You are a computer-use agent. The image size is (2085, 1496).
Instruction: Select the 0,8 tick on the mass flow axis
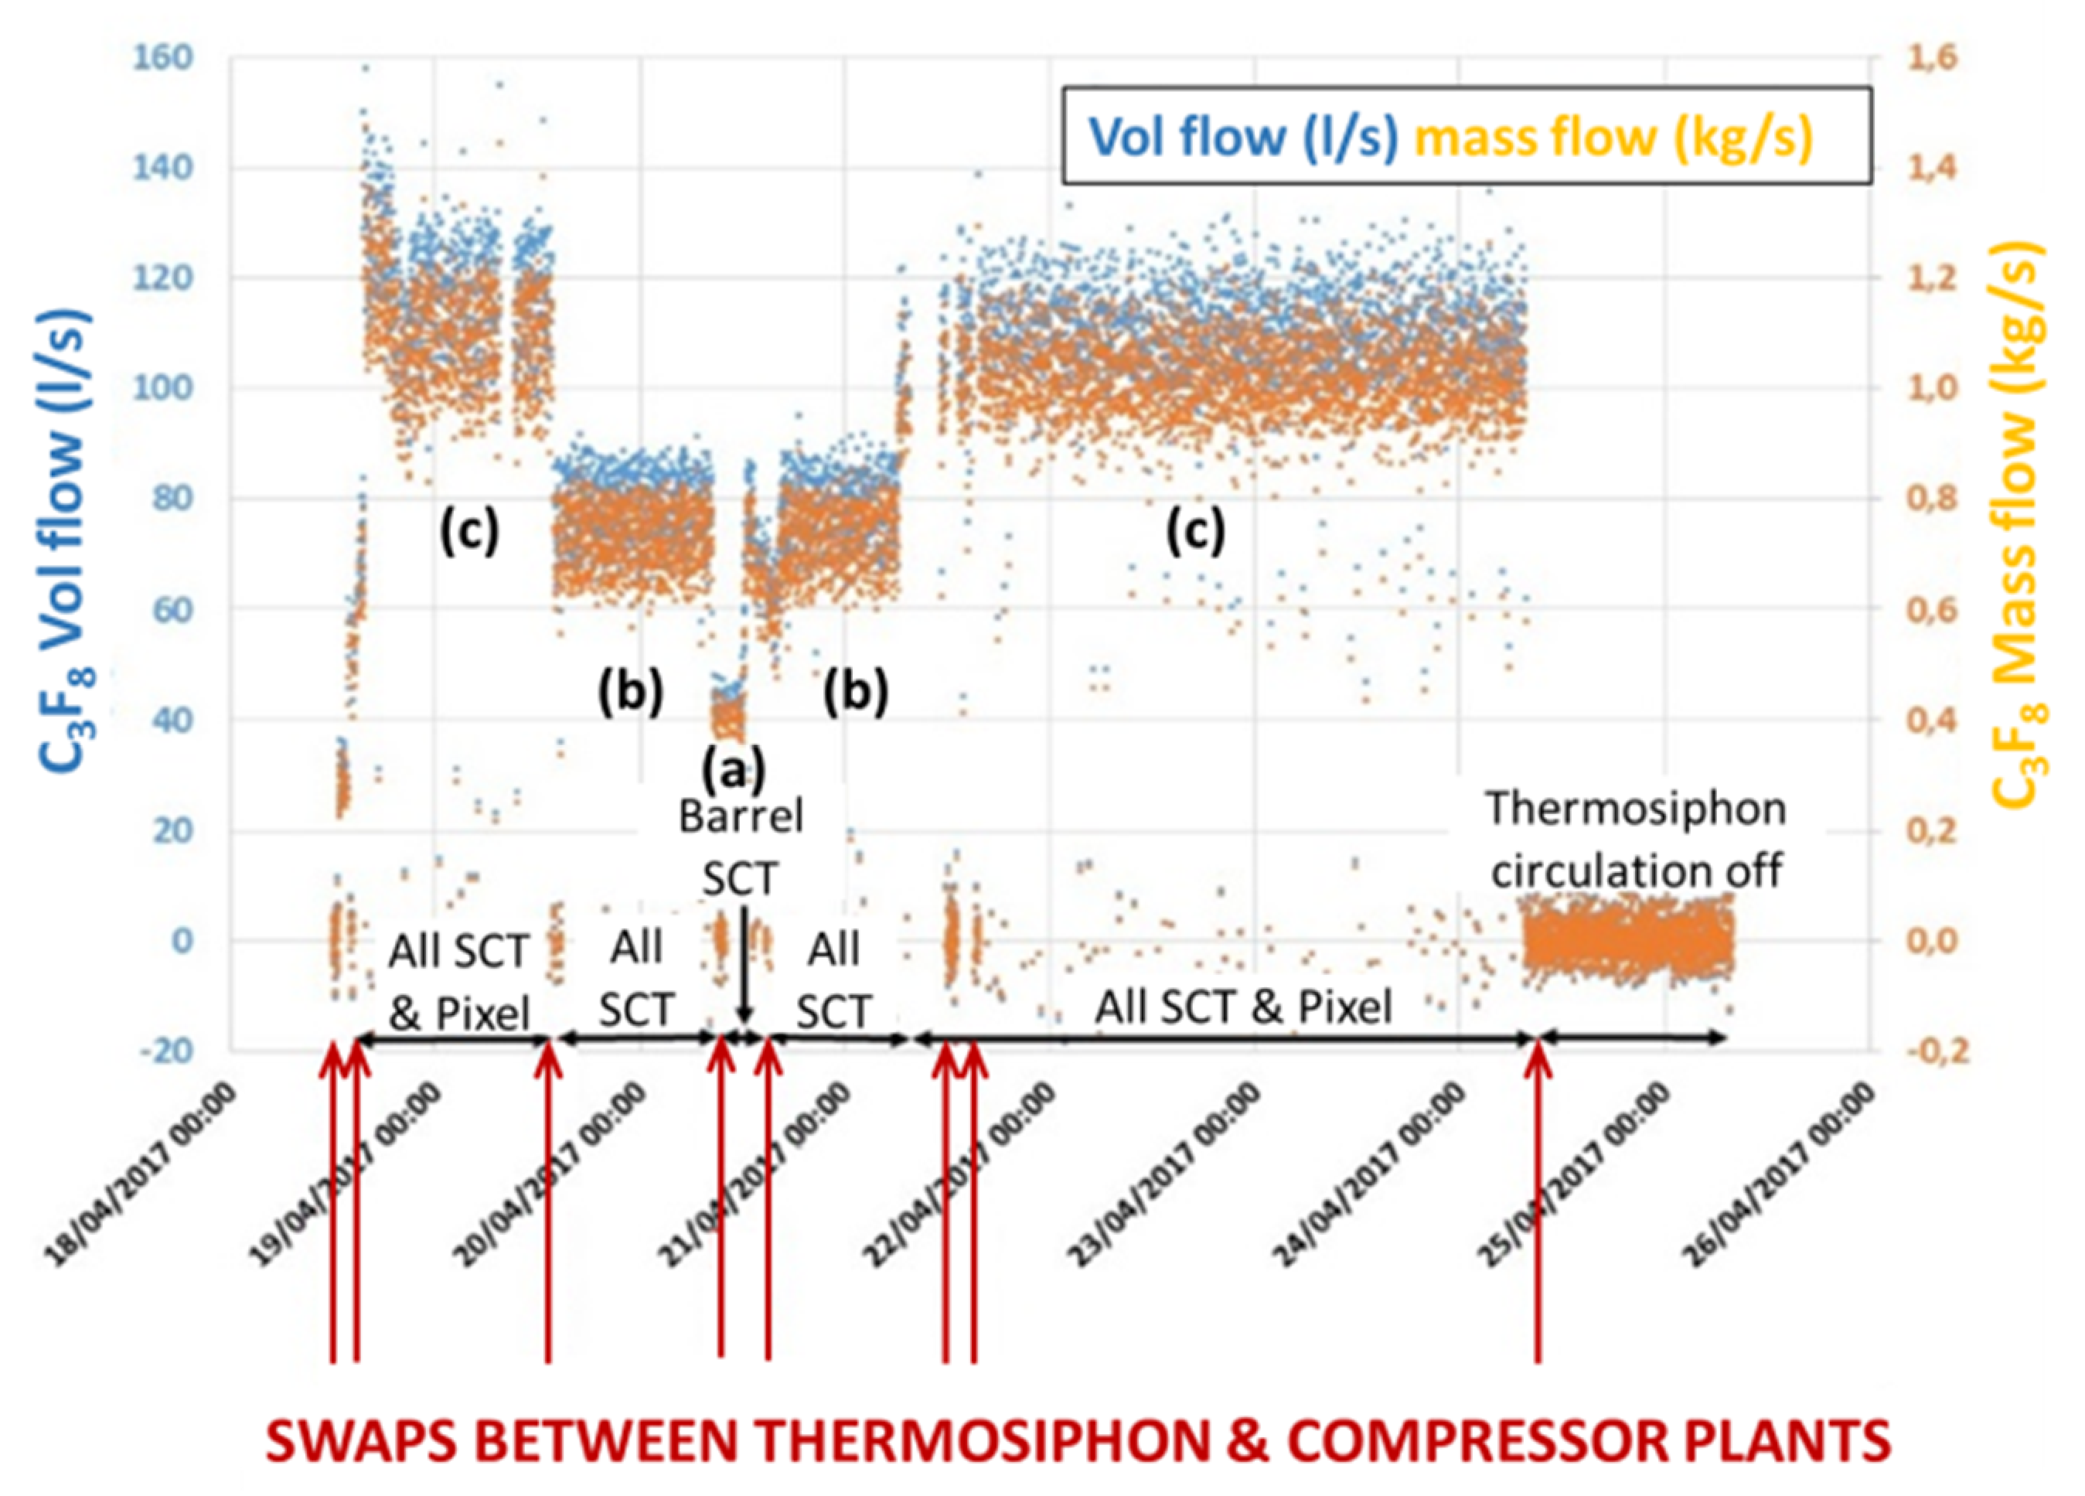[1924, 499]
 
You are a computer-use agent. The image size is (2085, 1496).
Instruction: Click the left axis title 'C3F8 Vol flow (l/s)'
[66, 543]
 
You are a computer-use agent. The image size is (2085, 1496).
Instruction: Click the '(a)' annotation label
[733, 768]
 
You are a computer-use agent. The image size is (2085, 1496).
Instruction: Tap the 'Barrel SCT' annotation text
[740, 847]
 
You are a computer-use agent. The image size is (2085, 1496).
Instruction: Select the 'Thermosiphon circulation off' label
[1637, 840]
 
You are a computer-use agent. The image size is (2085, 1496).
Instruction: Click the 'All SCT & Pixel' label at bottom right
[1243, 1007]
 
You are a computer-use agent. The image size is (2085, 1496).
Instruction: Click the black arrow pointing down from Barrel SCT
[744, 975]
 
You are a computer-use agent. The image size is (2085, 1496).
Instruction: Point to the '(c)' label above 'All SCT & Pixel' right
[1195, 530]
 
